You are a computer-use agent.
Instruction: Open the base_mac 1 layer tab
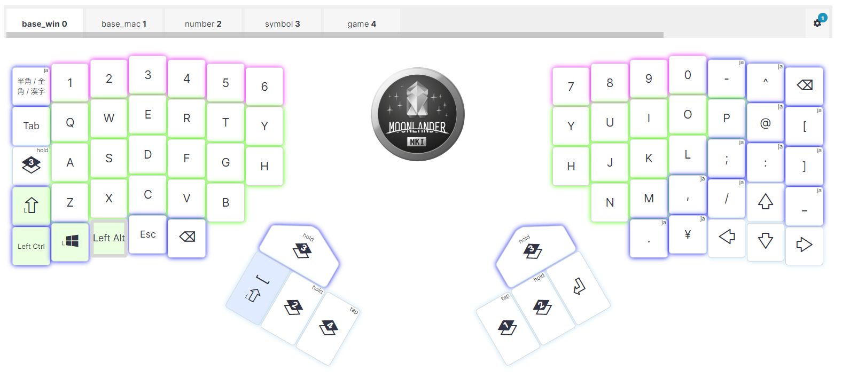pos(124,23)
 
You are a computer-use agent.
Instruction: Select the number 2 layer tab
pos(203,23)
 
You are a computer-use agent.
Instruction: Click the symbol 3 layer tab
pos(282,23)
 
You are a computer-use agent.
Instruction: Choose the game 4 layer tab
pos(362,23)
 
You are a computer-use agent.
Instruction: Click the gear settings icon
pos(817,23)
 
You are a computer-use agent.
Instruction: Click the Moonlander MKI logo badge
pos(418,114)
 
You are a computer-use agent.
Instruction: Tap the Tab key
pos(31,126)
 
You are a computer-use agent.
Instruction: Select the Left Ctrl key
pos(31,246)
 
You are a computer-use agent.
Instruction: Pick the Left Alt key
pos(109,238)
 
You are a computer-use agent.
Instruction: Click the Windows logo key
pos(70,242)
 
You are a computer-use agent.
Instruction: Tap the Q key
pos(70,122)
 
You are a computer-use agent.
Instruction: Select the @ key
pos(765,123)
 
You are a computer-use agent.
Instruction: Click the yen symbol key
pos(688,234)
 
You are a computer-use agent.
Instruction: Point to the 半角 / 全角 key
pos(31,86)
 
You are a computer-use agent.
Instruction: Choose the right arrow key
pos(804,245)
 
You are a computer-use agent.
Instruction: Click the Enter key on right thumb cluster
pos(579,287)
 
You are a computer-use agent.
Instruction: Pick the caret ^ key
pos(765,82)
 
